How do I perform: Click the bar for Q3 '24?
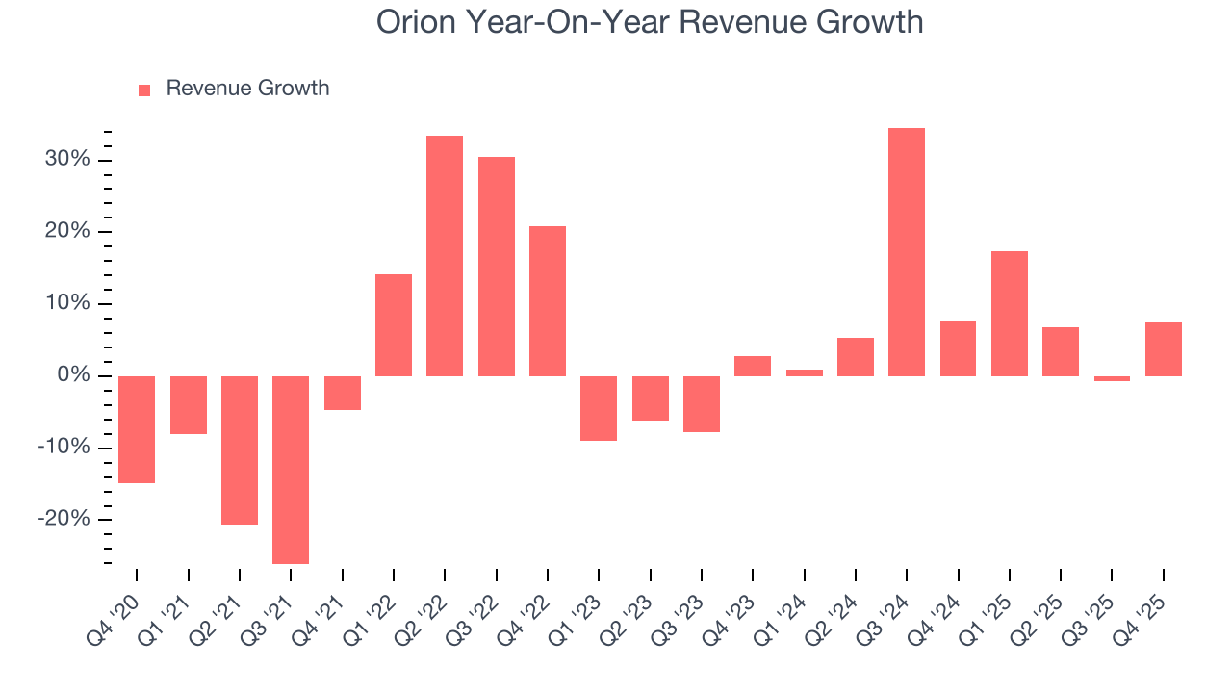coord(906,252)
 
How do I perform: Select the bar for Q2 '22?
coord(445,256)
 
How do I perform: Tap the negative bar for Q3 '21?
coord(291,470)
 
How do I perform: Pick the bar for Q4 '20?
coord(137,429)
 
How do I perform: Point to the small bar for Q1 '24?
coord(804,372)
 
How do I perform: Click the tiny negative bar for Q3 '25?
coord(1112,378)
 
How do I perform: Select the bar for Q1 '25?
coord(1009,314)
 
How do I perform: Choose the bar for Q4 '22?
coord(547,301)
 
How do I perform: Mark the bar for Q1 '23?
coord(599,408)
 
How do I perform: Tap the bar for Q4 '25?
coord(1163,349)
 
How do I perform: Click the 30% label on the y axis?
coord(67,160)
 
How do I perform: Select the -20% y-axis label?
coord(64,520)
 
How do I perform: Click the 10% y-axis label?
coord(67,304)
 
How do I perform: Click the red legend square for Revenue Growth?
coord(144,90)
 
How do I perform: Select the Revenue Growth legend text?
coord(247,89)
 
